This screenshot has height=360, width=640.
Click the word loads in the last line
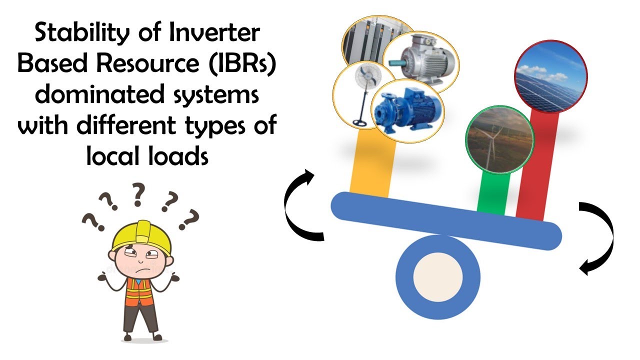point(178,156)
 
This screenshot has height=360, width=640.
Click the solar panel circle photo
point(550,76)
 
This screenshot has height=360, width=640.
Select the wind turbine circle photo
point(499,139)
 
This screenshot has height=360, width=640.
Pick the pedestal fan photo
point(355,94)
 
